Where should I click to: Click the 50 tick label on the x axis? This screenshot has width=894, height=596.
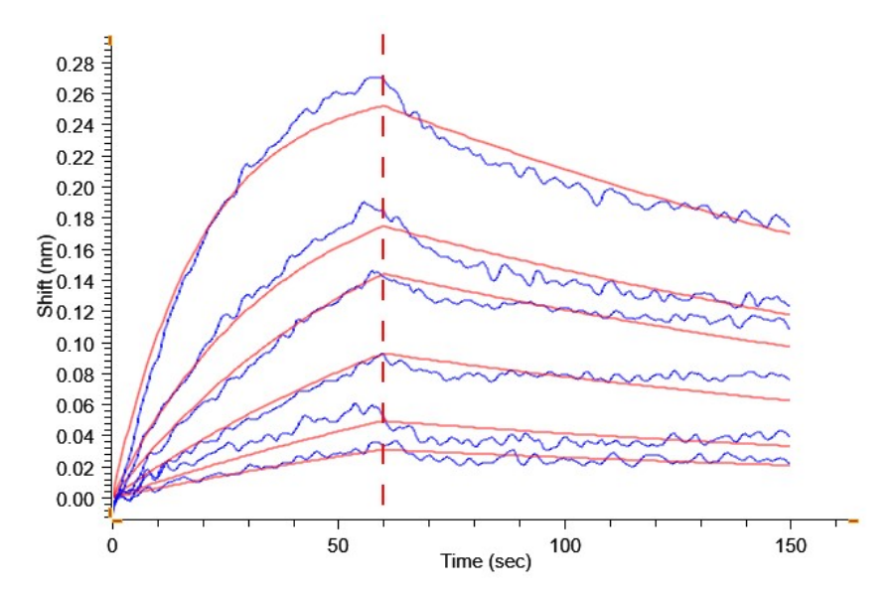click(x=339, y=545)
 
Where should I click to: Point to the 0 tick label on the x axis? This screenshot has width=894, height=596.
click(x=113, y=545)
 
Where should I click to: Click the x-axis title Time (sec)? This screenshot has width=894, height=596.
click(x=486, y=562)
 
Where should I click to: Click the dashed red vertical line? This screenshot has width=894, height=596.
click(x=383, y=298)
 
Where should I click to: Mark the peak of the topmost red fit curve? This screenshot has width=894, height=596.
click(x=383, y=105)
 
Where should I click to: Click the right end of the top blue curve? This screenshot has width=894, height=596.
click(x=789, y=225)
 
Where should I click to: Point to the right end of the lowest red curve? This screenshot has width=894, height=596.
click(x=789, y=466)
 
